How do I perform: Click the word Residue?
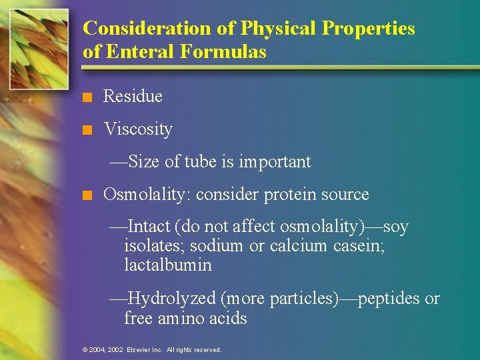click(133, 97)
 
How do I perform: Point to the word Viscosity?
click(138, 129)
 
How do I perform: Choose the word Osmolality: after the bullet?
click(147, 195)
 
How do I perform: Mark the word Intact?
click(149, 227)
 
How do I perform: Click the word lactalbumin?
click(167, 265)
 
